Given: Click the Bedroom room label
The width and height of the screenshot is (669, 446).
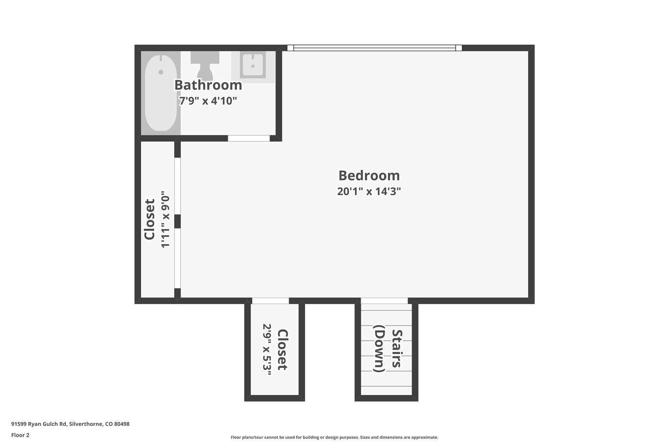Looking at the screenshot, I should (369, 175).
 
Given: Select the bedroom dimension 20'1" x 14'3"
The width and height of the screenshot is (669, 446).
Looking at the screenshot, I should (369, 191).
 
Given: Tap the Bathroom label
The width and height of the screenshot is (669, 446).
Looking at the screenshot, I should (208, 85).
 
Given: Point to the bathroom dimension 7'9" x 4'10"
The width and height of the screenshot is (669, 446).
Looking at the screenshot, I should (208, 101).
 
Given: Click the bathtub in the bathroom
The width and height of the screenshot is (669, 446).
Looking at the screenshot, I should (161, 93).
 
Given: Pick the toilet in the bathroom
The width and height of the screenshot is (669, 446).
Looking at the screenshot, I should (205, 65).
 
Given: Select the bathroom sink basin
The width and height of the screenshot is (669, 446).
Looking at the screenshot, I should (253, 65).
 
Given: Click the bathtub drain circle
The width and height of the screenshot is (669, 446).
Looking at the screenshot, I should (161, 72).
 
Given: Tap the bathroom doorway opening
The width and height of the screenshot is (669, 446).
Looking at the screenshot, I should (249, 138).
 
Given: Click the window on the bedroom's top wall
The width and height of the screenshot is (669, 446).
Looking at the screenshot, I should (375, 48).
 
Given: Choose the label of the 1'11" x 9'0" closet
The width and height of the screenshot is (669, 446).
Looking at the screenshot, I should (149, 219).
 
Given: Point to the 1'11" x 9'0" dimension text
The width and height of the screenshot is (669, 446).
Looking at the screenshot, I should (165, 219).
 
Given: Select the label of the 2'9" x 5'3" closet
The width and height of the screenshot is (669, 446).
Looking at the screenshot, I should (283, 350).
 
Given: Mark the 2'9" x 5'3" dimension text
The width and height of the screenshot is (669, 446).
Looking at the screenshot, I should (267, 350).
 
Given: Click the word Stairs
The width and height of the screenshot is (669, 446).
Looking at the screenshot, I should (397, 349).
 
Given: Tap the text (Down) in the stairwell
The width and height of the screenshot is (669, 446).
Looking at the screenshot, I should (379, 349).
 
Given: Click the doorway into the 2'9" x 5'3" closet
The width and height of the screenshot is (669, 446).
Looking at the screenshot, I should (270, 301).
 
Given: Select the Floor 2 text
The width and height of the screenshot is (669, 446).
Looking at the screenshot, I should (20, 435).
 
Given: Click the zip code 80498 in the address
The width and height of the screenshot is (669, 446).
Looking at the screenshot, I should (122, 424).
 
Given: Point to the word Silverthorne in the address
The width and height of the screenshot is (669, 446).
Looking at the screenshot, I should (86, 424).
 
